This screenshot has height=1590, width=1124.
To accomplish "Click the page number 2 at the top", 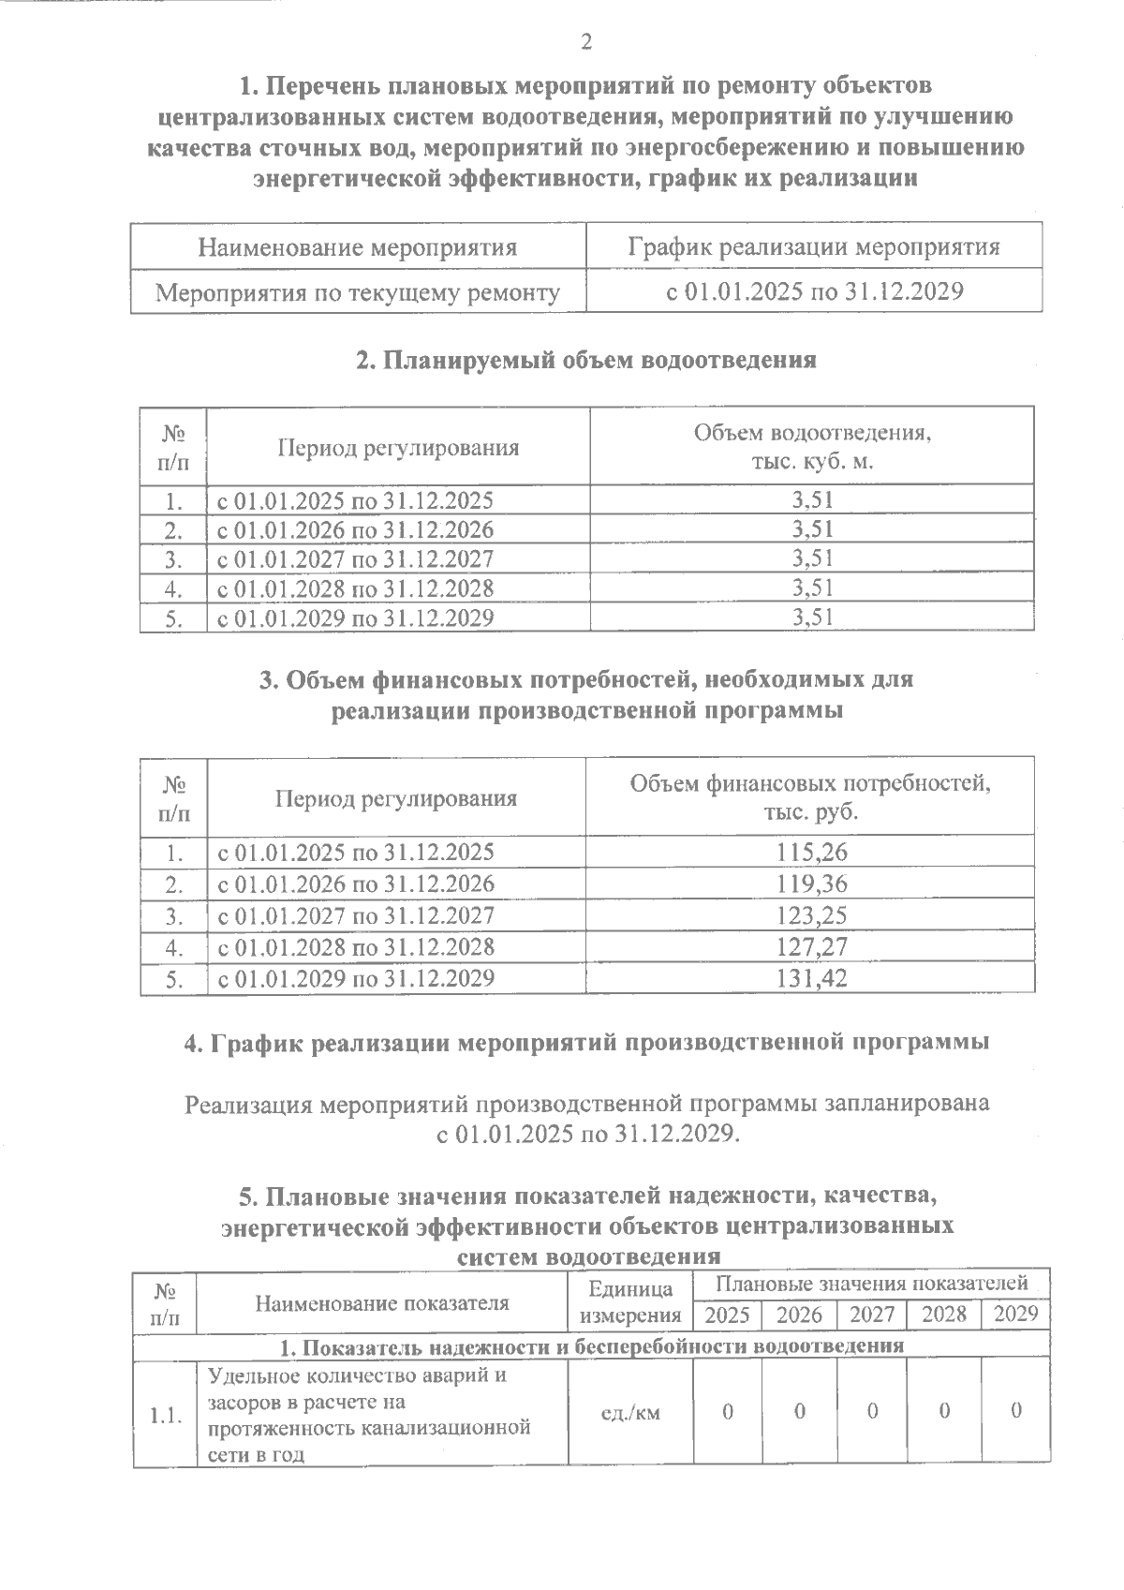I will (x=586, y=41).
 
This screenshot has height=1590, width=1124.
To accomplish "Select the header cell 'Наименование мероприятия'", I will (x=358, y=247).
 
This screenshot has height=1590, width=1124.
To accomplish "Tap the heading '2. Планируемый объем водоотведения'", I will (x=586, y=360).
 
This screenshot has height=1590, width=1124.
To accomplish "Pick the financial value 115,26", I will (x=811, y=853).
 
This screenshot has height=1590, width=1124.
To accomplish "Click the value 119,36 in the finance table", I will (x=811, y=884).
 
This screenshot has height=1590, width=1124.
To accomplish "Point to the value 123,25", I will (x=811, y=915).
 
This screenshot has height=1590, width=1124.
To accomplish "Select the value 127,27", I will (x=811, y=947).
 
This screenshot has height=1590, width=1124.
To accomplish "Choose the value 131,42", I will (x=811, y=979).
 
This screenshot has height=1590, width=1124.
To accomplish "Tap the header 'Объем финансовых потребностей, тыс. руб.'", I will (x=811, y=796).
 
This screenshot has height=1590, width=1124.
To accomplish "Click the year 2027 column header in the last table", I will (x=871, y=1315).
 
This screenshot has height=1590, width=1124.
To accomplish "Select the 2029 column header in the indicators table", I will (x=1015, y=1314).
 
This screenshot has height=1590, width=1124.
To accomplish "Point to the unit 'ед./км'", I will (x=629, y=1412).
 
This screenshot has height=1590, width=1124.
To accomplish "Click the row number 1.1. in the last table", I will (x=165, y=1415).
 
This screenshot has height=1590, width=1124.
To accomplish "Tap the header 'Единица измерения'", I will (x=629, y=1302).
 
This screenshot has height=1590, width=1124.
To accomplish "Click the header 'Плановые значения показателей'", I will (x=872, y=1283).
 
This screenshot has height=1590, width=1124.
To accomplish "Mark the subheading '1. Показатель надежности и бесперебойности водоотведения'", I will (x=592, y=1346).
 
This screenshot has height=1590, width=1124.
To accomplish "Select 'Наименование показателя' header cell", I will (x=382, y=1302).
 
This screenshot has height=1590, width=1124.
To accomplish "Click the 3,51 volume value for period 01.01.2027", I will (x=811, y=559).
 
